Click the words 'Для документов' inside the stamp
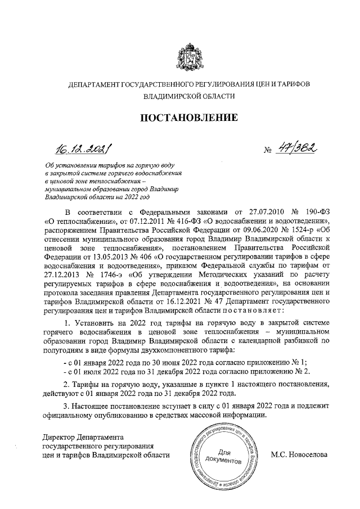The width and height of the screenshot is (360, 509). [224, 456]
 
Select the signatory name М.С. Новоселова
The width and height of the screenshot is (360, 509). [299, 453]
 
